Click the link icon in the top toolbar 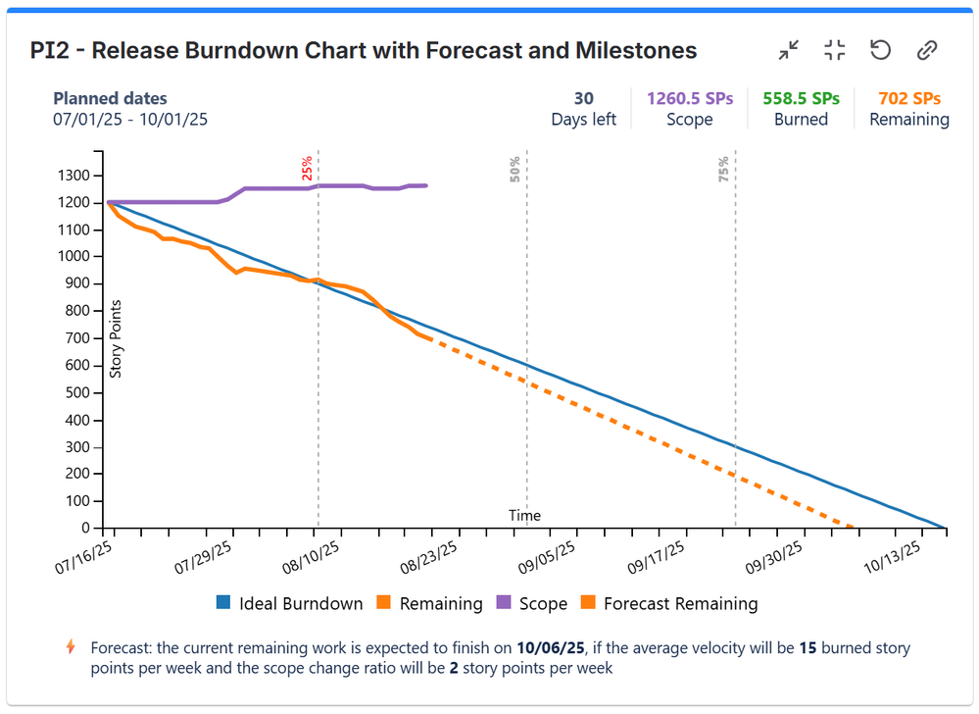coord(927,51)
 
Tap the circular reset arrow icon coord(880,51)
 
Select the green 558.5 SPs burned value coord(801,98)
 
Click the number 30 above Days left coord(584,98)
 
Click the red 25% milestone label coord(308,169)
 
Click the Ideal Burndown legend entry coord(290,603)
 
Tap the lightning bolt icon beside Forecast coord(70,647)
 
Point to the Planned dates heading coord(110,98)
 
